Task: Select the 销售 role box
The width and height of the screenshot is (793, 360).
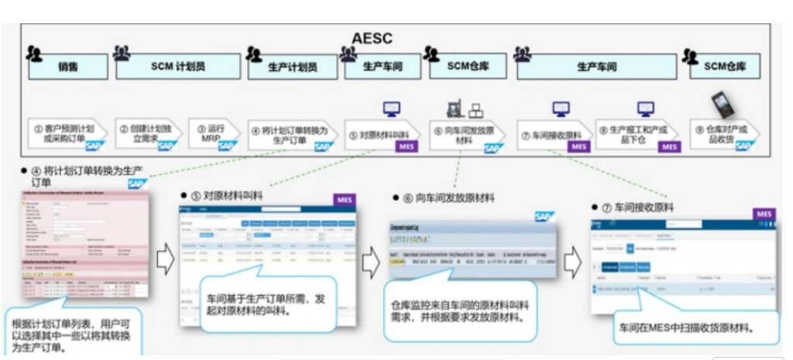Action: pos(67,67)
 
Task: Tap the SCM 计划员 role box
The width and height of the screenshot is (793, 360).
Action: pos(177,67)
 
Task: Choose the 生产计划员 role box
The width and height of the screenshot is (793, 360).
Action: pos(292,67)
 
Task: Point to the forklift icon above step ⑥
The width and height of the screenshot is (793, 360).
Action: pos(453,108)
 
